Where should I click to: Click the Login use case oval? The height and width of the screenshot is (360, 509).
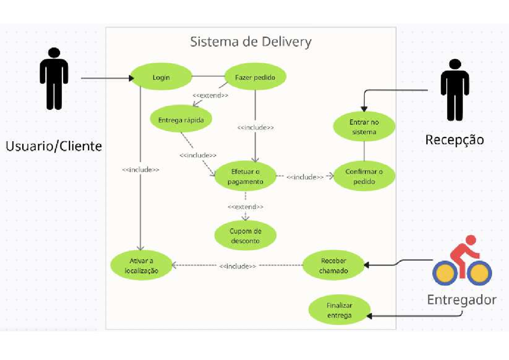pyautogui.click(x=161, y=77)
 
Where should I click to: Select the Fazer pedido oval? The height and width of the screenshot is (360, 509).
pyautogui.click(x=255, y=77)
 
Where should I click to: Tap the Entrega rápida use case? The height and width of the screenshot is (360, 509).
pyautogui.click(x=181, y=120)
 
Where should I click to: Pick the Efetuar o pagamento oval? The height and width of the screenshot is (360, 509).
pyautogui.click(x=245, y=176)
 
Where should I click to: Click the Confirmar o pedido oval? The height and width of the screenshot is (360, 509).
pyautogui.click(x=364, y=177)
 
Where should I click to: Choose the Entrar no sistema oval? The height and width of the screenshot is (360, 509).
pyautogui.click(x=364, y=127)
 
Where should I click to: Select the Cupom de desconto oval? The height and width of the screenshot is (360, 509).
pyautogui.click(x=245, y=236)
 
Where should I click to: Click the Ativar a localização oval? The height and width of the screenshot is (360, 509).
pyautogui.click(x=141, y=265)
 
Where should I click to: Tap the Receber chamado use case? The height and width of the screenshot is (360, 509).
pyautogui.click(x=333, y=265)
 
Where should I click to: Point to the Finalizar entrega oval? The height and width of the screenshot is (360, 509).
pyautogui.click(x=339, y=310)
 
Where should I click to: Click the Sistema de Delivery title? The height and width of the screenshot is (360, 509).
pyautogui.click(x=250, y=42)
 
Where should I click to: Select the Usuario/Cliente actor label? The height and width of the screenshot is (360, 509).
pyautogui.click(x=54, y=146)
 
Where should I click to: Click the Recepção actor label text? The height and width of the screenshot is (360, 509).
pyautogui.click(x=454, y=140)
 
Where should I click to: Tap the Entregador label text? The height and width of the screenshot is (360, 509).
pyautogui.click(x=461, y=300)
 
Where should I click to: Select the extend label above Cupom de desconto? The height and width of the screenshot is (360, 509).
pyautogui.click(x=245, y=207)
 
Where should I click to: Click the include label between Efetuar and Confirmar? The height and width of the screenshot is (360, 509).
pyautogui.click(x=305, y=177)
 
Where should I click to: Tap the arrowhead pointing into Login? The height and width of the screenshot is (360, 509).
pyautogui.click(x=131, y=78)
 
